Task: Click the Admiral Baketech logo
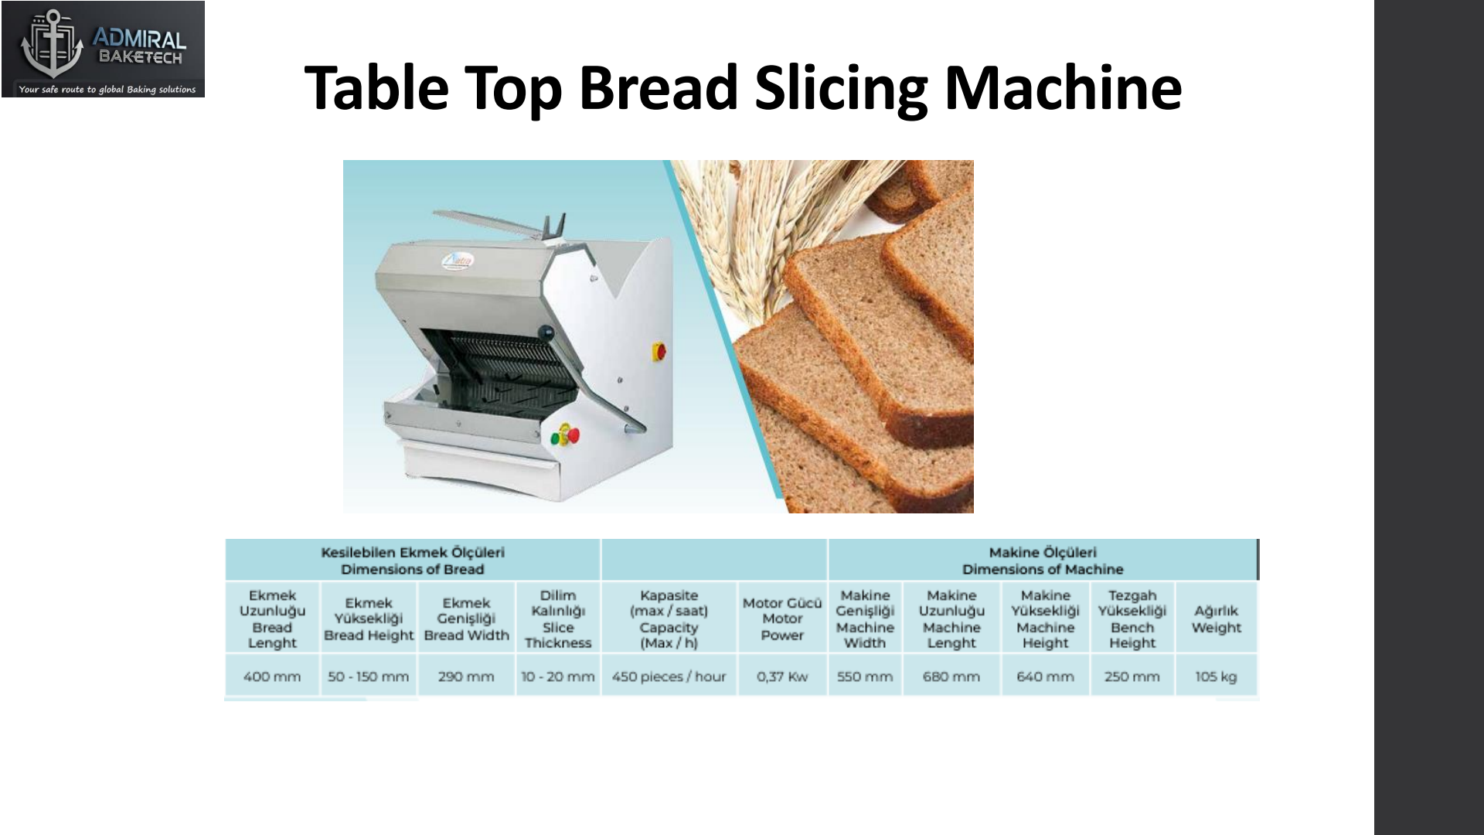point(103,49)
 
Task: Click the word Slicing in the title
point(840,88)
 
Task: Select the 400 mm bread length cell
point(272,677)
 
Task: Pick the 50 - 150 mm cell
point(368,677)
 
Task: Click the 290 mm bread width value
point(466,677)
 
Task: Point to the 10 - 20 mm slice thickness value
point(558,677)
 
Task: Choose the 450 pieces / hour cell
point(669,677)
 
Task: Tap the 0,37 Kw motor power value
point(782,677)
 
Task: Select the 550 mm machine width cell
point(865,677)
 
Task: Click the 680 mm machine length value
point(951,677)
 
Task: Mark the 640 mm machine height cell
point(1046,677)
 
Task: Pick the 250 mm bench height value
point(1132,677)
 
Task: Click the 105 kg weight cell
point(1216,677)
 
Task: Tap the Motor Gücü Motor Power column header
point(782,619)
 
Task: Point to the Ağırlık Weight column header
point(1216,619)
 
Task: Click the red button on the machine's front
point(573,435)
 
